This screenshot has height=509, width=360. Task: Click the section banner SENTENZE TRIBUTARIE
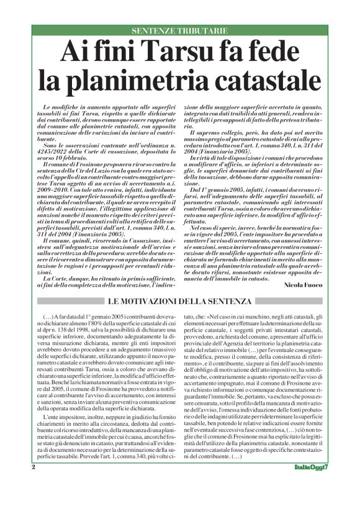[180, 30]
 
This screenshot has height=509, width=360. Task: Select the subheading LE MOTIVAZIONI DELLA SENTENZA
[180, 302]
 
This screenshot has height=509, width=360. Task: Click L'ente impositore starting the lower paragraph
[65, 436]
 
